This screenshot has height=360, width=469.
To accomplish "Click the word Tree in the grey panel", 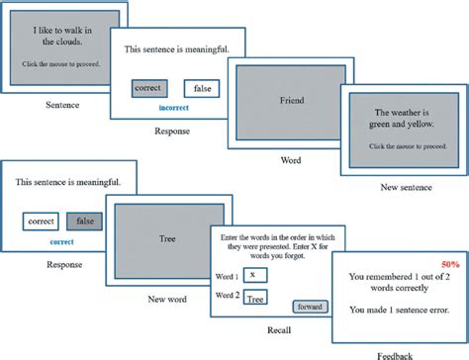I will point(167,237).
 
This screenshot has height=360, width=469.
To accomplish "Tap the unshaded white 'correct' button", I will point(41,221).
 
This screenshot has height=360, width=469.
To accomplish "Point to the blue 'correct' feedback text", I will point(61,240).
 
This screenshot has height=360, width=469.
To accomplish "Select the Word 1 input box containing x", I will point(253,274).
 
